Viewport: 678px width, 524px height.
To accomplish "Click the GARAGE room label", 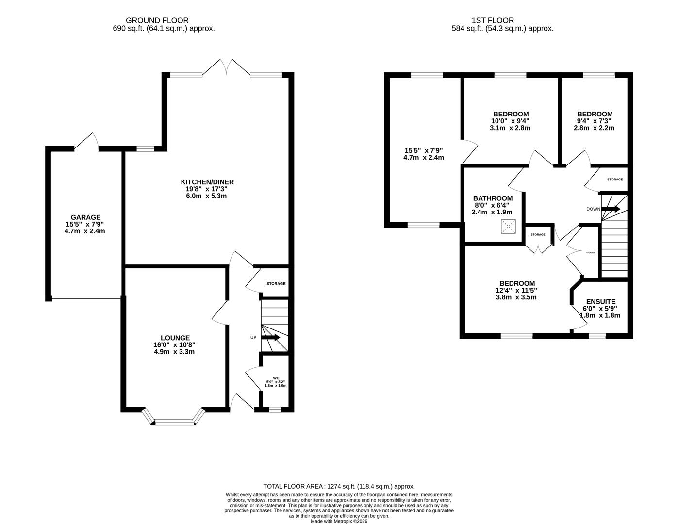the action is point(85,217).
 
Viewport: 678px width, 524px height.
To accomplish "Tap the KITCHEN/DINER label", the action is point(207,182).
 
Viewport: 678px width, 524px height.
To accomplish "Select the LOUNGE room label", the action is point(175,338).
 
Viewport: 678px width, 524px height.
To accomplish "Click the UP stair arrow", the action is point(270,338).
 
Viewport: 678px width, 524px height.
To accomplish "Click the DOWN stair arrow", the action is point(611,209).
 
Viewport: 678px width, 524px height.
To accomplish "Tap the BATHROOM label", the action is point(493,198).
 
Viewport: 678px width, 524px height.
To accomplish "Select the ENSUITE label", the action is point(601,302).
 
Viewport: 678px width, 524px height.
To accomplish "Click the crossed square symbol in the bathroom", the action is point(508,227).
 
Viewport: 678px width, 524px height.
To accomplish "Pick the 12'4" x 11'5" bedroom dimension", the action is point(516,290).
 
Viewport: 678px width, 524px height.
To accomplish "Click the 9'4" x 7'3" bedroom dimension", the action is point(594,121).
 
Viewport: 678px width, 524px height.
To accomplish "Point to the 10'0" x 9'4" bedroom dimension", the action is point(510,121).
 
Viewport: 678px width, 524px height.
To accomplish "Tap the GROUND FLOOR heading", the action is point(157,20).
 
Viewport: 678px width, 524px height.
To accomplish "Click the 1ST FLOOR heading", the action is point(493,20).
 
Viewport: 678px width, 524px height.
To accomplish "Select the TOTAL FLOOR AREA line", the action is point(339,486).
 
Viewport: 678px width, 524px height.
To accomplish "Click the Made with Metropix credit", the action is point(339,521).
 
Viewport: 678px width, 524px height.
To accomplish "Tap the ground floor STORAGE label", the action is point(276,283).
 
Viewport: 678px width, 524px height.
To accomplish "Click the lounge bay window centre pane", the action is point(175,423).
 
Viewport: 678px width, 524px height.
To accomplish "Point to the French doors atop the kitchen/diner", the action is point(226,67).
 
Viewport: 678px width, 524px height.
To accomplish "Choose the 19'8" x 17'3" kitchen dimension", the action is point(204,189).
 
